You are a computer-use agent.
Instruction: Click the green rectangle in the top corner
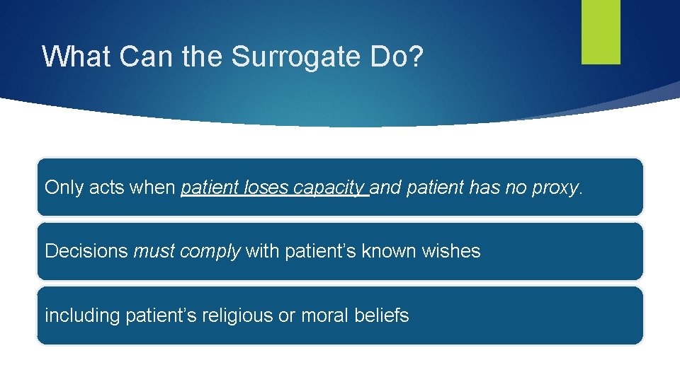[601, 31]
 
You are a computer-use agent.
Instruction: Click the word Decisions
[86, 251]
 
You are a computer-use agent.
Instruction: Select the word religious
[239, 316]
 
